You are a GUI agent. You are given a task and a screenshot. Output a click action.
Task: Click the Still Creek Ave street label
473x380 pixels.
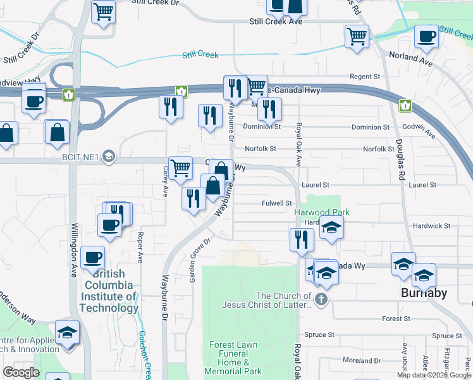(x=276, y=22)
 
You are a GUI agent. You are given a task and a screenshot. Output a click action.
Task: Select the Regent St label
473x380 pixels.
(x=364, y=77)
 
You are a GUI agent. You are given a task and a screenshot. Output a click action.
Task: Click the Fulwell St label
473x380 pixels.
(x=276, y=203)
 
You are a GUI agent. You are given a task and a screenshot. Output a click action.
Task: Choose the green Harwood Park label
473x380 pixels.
(x=322, y=213)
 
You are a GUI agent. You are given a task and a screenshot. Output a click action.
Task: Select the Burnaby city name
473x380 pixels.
(x=424, y=293)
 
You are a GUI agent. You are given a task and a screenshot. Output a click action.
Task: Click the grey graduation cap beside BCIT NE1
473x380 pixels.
(x=109, y=156)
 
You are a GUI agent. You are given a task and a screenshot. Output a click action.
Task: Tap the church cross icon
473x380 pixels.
(x=321, y=299)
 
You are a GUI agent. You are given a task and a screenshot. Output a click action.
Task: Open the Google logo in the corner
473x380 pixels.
(x=21, y=372)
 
